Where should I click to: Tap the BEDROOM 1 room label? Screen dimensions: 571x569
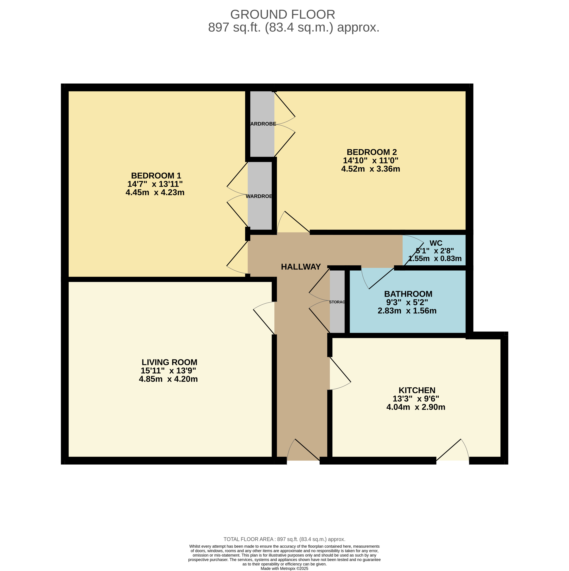click(x=156, y=175)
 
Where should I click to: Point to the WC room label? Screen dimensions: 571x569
click(x=436, y=243)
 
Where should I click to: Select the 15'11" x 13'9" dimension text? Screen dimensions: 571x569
click(x=168, y=371)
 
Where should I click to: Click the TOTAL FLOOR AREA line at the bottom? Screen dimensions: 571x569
click(x=284, y=539)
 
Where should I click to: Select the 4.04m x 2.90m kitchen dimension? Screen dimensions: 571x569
click(x=416, y=407)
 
